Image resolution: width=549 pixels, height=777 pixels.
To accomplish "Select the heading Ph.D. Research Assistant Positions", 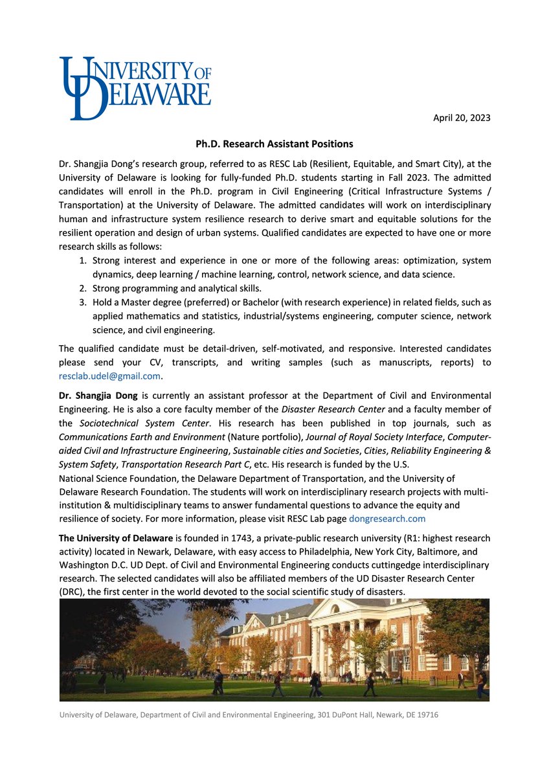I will point(274,144).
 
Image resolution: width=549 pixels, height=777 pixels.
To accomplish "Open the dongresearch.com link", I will point(387,519).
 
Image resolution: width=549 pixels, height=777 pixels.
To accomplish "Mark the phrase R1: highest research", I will point(441,538).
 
